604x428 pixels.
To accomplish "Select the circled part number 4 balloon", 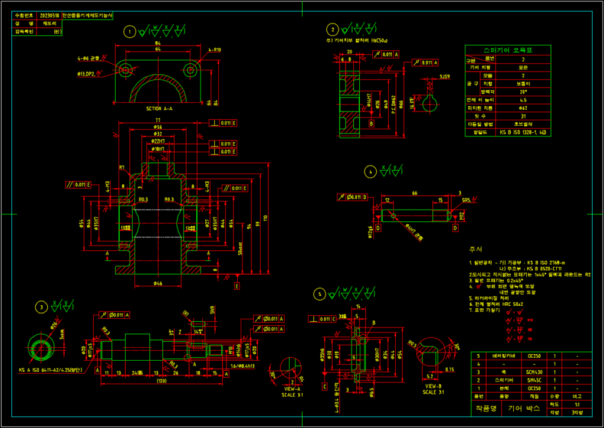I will tap(370, 172).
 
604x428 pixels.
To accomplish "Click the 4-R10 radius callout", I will tap(214, 50).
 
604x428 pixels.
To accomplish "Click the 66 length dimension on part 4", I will tap(415, 193).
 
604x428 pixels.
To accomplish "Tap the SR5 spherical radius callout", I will tap(465, 201).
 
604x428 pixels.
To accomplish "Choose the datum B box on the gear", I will tap(372, 124).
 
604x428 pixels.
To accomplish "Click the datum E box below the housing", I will tap(237, 286).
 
